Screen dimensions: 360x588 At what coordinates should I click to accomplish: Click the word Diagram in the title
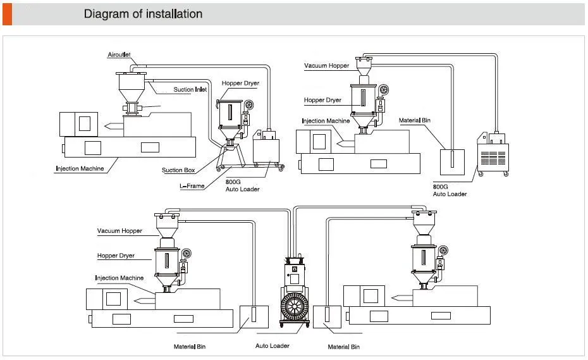click(105, 13)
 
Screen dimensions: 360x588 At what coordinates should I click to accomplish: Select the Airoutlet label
click(119, 56)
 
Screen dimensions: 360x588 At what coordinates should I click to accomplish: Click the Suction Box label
click(178, 170)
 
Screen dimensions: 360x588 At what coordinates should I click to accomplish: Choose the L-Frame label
click(192, 186)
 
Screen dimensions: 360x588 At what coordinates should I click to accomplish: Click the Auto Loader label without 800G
click(272, 346)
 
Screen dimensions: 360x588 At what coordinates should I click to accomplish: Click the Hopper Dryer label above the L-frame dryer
click(240, 84)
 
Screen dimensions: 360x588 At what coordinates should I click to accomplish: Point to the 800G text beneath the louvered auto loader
click(441, 187)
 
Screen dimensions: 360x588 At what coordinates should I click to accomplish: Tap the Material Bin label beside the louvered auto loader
click(415, 120)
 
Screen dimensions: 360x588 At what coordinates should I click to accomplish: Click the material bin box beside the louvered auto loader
click(452, 161)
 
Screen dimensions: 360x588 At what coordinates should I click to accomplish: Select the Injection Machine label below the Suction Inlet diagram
click(79, 169)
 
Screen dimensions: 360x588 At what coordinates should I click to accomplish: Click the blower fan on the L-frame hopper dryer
click(250, 104)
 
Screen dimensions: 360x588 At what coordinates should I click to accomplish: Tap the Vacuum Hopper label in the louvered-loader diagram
click(326, 66)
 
